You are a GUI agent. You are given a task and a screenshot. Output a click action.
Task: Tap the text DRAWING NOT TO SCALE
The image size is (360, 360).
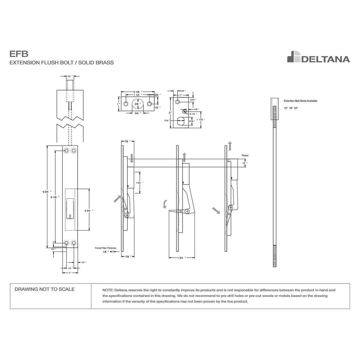44,289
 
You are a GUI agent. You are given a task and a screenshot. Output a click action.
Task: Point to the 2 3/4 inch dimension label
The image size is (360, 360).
88,210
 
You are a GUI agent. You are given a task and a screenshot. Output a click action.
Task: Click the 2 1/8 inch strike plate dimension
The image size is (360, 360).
138,92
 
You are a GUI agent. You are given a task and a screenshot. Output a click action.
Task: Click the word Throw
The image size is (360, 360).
245,156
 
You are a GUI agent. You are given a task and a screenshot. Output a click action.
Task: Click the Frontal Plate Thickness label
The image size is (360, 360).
105,248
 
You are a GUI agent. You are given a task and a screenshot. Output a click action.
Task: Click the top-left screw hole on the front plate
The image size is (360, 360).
67,151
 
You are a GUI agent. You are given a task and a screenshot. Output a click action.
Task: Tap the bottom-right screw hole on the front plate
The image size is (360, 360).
74,243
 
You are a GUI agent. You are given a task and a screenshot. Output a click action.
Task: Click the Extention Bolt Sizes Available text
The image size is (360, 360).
300,101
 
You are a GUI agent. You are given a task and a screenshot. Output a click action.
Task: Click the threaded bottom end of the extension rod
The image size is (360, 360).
275,256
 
